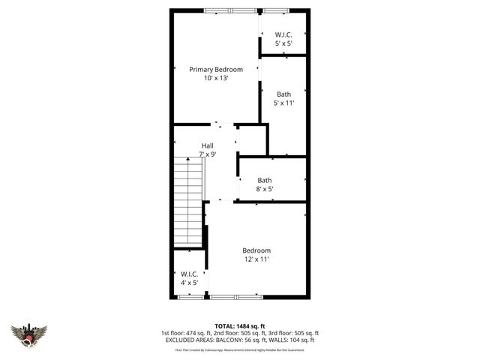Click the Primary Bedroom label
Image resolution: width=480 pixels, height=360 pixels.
tap(215, 69)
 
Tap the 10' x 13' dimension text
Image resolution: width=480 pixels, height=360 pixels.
tap(215, 78)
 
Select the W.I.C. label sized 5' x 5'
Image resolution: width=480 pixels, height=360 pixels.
tap(283, 34)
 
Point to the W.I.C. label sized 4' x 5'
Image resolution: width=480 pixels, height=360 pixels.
tap(189, 274)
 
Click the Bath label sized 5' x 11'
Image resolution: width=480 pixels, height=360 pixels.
tap(283, 94)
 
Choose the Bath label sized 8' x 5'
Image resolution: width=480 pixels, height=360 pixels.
tap(265, 180)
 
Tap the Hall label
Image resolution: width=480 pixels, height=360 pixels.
tap(208, 145)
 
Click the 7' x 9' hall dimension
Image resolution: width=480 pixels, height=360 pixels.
tap(208, 154)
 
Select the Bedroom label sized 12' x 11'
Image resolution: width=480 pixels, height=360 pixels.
tap(256, 250)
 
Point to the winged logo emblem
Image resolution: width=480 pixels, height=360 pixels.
tap(29, 334)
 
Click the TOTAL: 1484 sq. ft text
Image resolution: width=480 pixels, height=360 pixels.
tap(239, 325)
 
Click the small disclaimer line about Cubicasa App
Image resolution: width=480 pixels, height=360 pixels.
tap(240, 349)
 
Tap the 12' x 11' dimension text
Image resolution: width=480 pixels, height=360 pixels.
tap(256, 259)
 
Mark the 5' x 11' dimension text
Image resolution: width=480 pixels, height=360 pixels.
tap(283, 103)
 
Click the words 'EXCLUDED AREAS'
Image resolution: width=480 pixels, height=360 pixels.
tap(187, 340)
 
